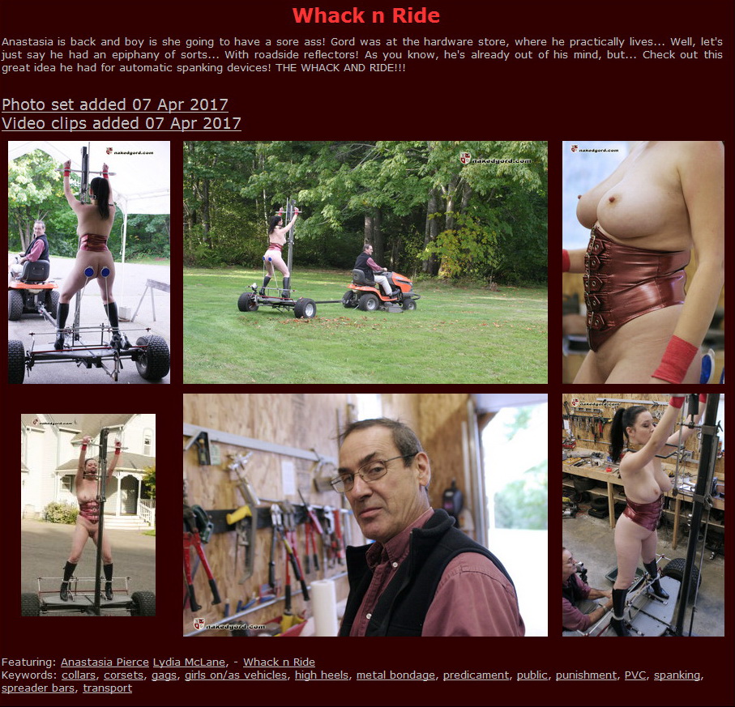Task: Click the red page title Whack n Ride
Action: point(366,15)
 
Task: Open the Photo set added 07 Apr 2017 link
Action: point(115,104)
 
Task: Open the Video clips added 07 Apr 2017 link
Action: point(122,123)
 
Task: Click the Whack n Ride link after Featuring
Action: point(279,662)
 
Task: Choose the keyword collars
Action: point(79,675)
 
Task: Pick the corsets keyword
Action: point(124,675)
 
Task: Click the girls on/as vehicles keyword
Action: point(235,675)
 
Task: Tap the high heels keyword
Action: point(322,675)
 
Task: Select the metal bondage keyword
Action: point(393,675)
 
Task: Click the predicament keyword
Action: point(476,675)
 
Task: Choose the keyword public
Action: point(532,675)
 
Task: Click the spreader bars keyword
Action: point(37,688)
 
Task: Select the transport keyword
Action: point(108,688)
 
